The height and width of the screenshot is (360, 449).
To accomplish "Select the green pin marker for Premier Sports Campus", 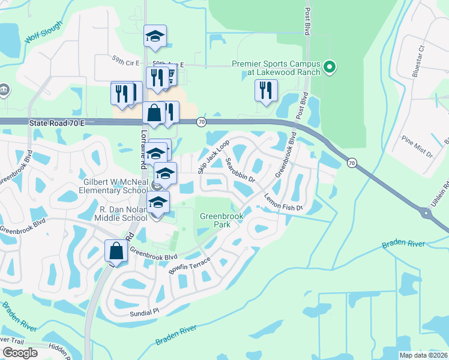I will (x=329, y=67).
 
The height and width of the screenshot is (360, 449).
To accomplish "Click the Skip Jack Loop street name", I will (x=214, y=158).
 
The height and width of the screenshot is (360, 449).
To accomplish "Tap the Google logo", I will (x=20, y=353).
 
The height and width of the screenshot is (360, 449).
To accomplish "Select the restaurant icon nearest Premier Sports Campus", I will (x=265, y=91).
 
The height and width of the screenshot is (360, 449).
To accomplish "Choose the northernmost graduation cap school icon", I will (x=155, y=37).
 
